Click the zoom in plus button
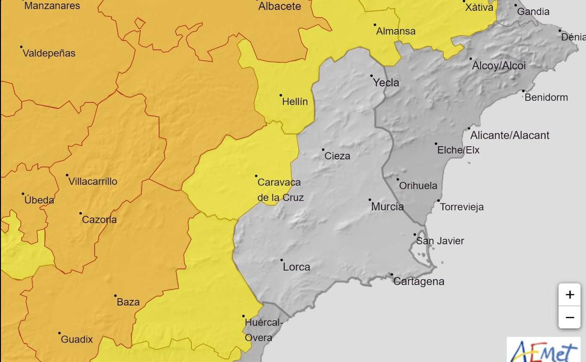point(570,295)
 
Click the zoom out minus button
point(570,317)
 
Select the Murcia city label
point(387,206)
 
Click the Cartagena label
point(418,281)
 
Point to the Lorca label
point(296,267)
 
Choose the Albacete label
point(279,6)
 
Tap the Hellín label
point(295,102)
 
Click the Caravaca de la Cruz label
point(280,190)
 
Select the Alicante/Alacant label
point(509,135)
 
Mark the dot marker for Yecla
point(371,76)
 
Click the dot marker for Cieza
point(323,150)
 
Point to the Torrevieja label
point(462,207)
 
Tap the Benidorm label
point(546,97)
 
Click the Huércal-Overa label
point(263,330)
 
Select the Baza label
point(128,302)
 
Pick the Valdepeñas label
point(49,53)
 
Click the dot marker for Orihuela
point(398,179)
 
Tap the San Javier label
point(440,241)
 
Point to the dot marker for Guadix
point(59,333)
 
